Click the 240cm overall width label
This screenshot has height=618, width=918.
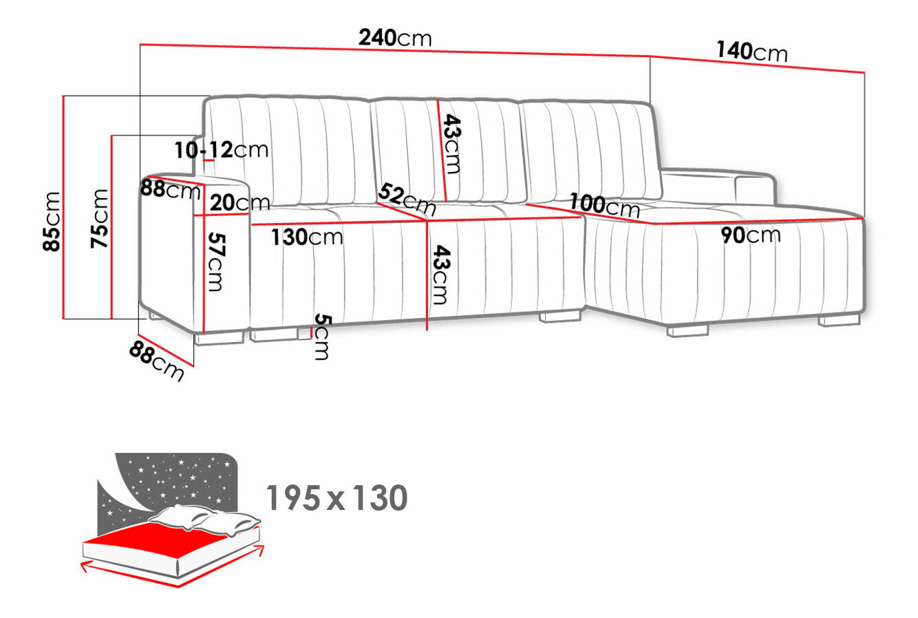click(x=395, y=38)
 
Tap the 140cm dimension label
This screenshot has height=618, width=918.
click(x=752, y=52)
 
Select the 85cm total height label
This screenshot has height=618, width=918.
click(x=52, y=222)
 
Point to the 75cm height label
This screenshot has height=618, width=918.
click(x=100, y=218)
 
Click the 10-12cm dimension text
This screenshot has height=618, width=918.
click(x=222, y=150)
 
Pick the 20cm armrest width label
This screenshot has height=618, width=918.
click(x=239, y=202)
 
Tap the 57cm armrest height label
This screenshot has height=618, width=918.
click(x=216, y=262)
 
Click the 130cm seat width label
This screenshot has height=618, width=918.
click(x=307, y=237)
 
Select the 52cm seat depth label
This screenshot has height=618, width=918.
click(x=407, y=200)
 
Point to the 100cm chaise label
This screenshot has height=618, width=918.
click(x=605, y=206)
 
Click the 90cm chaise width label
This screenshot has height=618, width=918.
click(x=751, y=235)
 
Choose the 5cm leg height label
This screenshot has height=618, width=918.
click(x=322, y=337)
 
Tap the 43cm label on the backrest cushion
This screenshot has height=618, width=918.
click(x=452, y=144)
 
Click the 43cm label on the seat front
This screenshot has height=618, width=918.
click(x=441, y=275)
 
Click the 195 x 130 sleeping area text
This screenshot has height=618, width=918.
click(x=337, y=498)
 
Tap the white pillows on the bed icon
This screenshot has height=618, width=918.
click(x=205, y=520)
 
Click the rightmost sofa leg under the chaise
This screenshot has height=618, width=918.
click(x=840, y=320)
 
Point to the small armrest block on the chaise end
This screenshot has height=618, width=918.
click(x=756, y=189)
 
